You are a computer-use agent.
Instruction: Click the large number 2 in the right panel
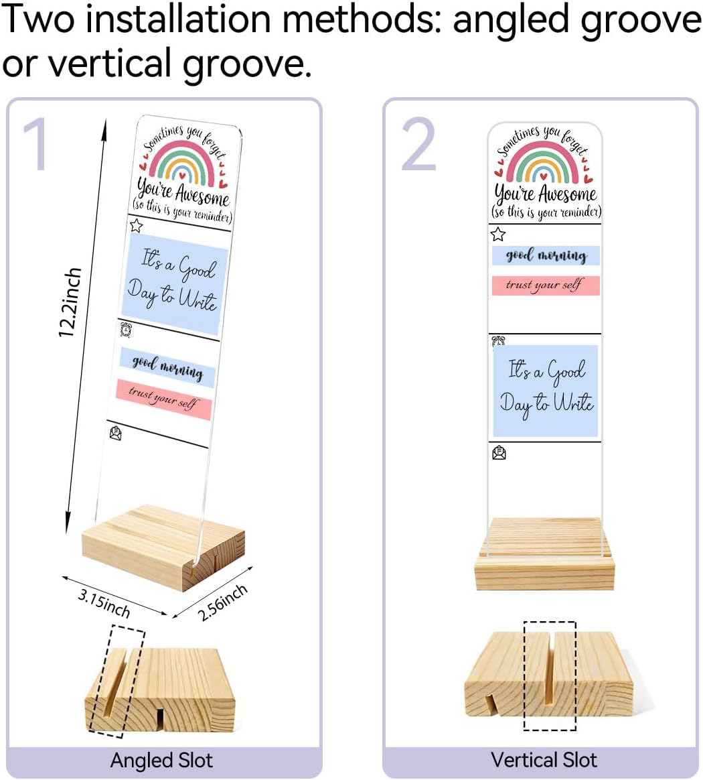point(419,144)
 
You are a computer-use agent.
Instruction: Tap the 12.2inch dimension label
point(70,302)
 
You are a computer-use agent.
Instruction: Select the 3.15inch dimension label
point(104,603)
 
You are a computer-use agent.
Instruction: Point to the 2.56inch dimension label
point(222,602)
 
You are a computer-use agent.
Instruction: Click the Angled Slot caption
point(161,761)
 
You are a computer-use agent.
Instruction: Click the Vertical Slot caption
point(544,760)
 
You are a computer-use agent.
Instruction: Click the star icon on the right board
point(497,234)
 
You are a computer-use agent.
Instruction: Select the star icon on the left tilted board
point(136,225)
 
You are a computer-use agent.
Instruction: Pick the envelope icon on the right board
point(499,453)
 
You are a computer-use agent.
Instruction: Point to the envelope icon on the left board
point(115,433)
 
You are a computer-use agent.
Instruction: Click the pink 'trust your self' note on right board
point(546,285)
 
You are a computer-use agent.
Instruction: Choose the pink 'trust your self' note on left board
point(164,399)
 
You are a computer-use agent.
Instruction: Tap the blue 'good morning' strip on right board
point(546,256)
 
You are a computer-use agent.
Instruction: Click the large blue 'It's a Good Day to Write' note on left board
point(174,283)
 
